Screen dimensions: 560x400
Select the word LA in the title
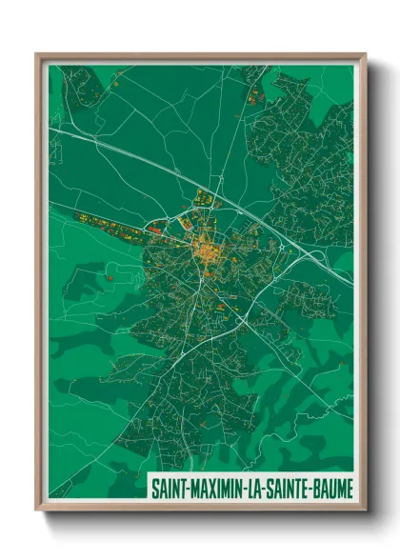pyautogui.click(x=251, y=487)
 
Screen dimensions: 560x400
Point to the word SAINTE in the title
pyautogui.click(x=285, y=487)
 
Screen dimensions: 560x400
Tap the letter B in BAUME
pyautogui.click(x=313, y=487)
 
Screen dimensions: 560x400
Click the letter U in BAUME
pyautogui.click(x=330, y=487)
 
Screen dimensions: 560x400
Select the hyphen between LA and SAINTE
pyautogui.click(x=261, y=487)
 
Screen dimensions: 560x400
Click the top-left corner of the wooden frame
pyautogui.click(x=36, y=54)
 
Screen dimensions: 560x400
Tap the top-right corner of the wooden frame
pyautogui.click(x=365, y=54)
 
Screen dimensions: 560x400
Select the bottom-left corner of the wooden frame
pyautogui.click(x=36, y=510)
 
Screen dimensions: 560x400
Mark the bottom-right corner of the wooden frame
pyautogui.click(x=365, y=510)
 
